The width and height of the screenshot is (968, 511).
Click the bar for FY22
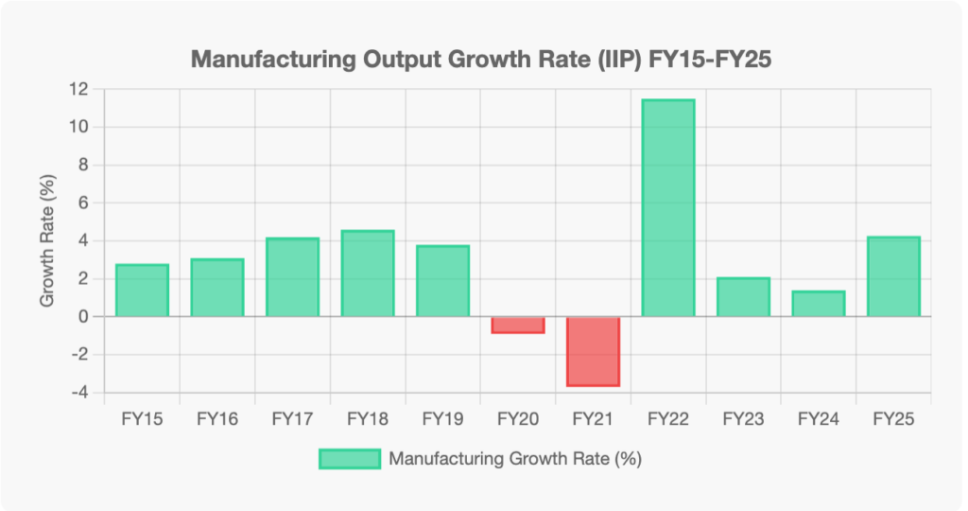tap(668, 208)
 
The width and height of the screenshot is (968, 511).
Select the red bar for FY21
tap(593, 351)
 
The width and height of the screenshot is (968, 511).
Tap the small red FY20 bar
tap(518, 325)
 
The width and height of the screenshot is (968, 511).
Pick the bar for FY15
tap(142, 291)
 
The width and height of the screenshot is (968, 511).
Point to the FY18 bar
tap(368, 273)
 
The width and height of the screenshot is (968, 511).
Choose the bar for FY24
tap(819, 304)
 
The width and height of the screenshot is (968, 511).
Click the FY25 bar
tap(893, 276)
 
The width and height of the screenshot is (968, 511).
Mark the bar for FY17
tap(292, 277)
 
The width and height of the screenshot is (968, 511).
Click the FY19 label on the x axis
tap(442, 418)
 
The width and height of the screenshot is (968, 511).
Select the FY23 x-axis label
tap(743, 418)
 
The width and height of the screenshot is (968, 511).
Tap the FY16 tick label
tap(216, 418)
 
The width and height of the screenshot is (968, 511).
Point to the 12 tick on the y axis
tap(77, 89)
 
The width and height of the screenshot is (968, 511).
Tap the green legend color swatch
tap(350, 459)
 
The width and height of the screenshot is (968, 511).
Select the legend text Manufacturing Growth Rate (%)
tap(515, 459)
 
